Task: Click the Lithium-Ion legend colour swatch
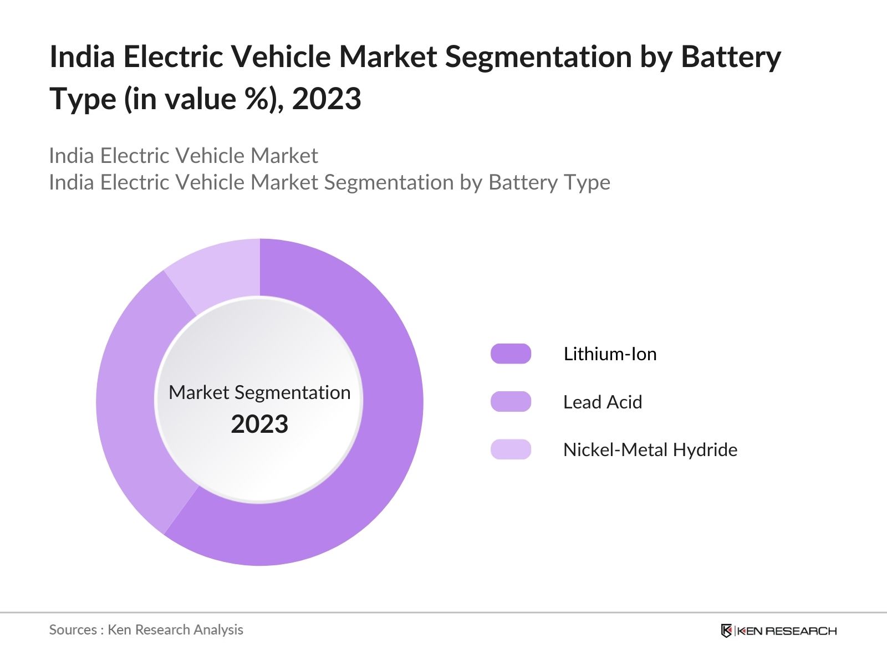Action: coord(511,354)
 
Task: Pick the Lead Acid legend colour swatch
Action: coord(511,402)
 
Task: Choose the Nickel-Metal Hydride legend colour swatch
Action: coord(511,449)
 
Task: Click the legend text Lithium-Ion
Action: coord(610,354)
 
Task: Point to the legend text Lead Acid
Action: coord(602,402)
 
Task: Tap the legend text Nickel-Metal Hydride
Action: coord(650,449)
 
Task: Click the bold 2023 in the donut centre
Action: coord(259,424)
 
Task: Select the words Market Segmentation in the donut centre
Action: coord(259,392)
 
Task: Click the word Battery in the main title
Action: coord(731,57)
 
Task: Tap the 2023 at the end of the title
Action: coord(327,99)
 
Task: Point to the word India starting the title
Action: coord(82,57)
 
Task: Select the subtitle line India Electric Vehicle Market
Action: coord(183,156)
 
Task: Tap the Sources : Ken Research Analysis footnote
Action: coord(146,630)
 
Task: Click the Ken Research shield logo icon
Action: coord(726,631)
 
